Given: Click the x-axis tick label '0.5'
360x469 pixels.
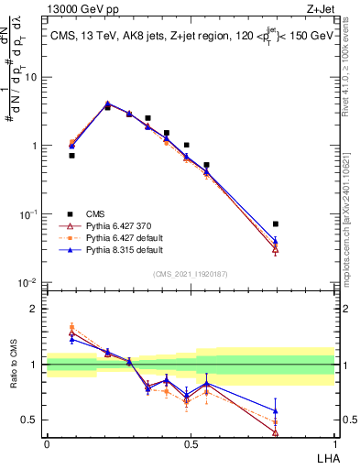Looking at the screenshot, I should coord(191,443).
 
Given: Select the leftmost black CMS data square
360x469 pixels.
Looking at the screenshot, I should coord(71,156).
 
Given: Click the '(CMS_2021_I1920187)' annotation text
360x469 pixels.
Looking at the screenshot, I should coord(191,273).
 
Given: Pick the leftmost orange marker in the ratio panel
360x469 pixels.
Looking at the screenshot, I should coord(71,326).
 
